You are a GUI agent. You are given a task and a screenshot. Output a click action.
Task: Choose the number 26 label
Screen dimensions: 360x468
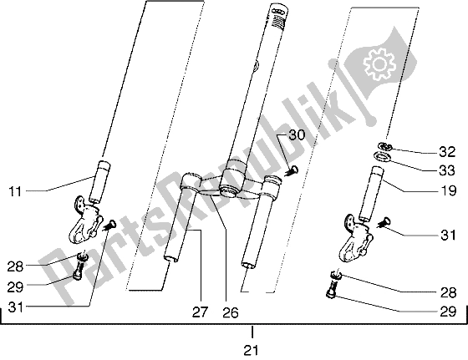[x=230, y=313]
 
